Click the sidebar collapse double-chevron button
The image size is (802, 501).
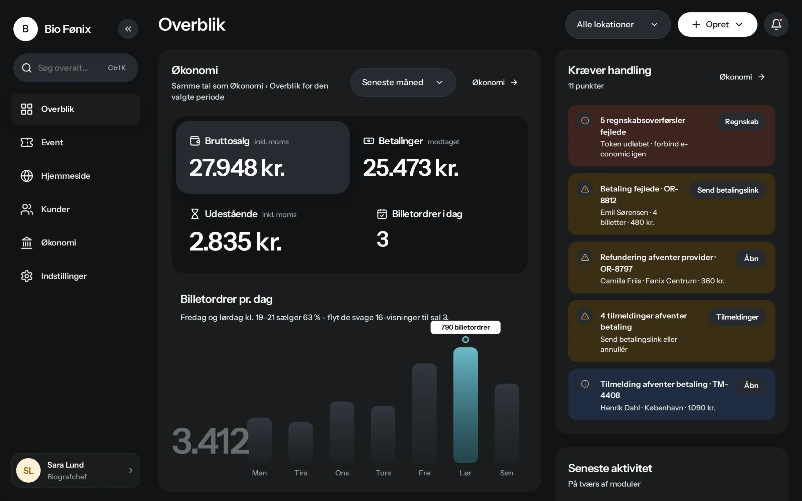(x=128, y=29)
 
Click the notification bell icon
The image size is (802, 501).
(x=776, y=25)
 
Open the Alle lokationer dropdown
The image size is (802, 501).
(x=618, y=24)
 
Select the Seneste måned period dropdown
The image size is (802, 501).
(x=403, y=82)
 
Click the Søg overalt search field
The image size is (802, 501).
(x=76, y=68)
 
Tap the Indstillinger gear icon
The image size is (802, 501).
(x=27, y=276)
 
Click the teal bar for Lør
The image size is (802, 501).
(x=465, y=405)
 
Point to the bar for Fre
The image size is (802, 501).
(x=424, y=413)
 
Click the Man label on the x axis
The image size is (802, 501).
(x=259, y=473)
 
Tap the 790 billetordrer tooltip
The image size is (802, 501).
(x=465, y=327)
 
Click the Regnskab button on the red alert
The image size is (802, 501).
(x=742, y=122)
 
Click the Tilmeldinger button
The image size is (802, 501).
(x=737, y=317)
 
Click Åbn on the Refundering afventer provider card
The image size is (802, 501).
(x=751, y=259)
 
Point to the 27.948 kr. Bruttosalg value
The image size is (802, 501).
(x=237, y=168)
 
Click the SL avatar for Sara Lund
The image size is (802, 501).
(x=28, y=470)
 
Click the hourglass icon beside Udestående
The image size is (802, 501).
(x=194, y=214)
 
